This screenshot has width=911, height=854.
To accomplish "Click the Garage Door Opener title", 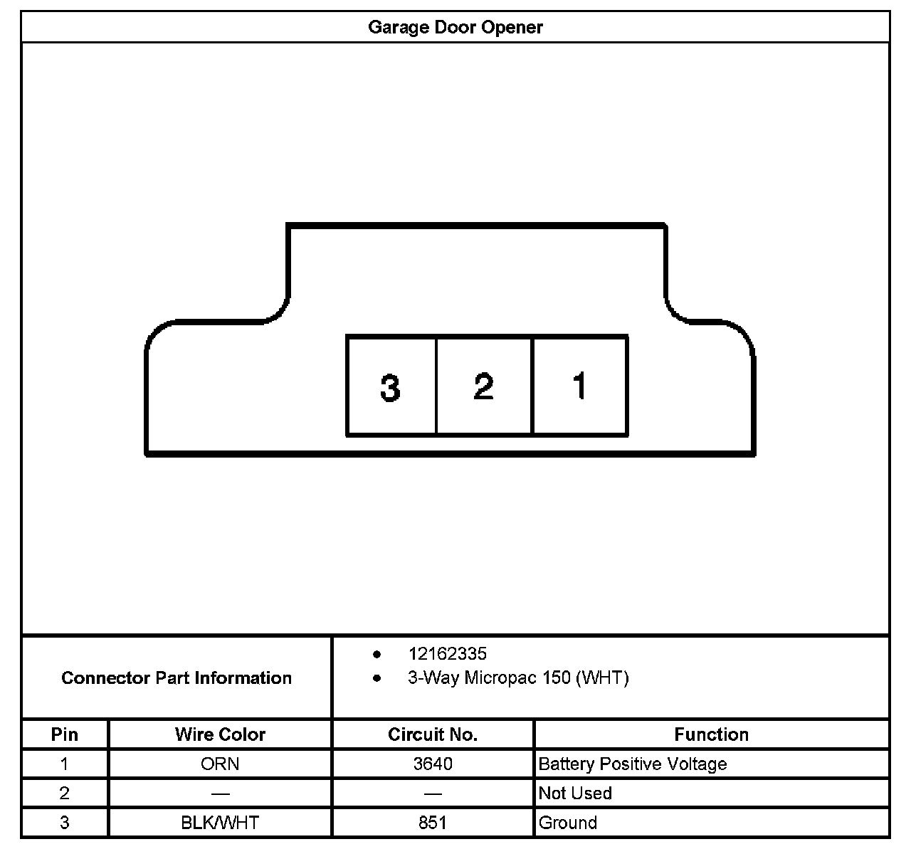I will pos(455,27).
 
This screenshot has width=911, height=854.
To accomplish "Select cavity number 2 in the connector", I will pos(483,386).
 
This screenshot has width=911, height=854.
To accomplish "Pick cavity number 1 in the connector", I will pos(579,386).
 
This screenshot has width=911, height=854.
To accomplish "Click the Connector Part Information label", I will pos(177,678).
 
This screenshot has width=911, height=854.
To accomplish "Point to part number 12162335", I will pos(447,653).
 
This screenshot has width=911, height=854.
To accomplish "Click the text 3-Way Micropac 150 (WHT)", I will pos(518,678).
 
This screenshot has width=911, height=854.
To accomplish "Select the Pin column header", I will pos(65,734).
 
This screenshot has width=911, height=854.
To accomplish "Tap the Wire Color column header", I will pos(220,734).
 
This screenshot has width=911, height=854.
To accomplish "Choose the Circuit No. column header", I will pos(433,734).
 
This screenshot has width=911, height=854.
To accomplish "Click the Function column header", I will pos(711,734).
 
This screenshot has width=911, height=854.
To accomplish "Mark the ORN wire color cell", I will pos(220,764).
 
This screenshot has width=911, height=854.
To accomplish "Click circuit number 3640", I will pos(433,764).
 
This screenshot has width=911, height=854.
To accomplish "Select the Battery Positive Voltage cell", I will pos(633,764).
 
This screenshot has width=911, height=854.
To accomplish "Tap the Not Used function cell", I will pos(575,794).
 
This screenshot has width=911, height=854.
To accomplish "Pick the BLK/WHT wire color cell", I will pos(220,823).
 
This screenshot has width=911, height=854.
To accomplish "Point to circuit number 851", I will pos(433,823).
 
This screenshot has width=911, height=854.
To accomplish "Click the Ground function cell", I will pos(568,823).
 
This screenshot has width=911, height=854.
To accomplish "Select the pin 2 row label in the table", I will pos(65,794).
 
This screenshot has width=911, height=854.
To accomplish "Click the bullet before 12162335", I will pos(376,654).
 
